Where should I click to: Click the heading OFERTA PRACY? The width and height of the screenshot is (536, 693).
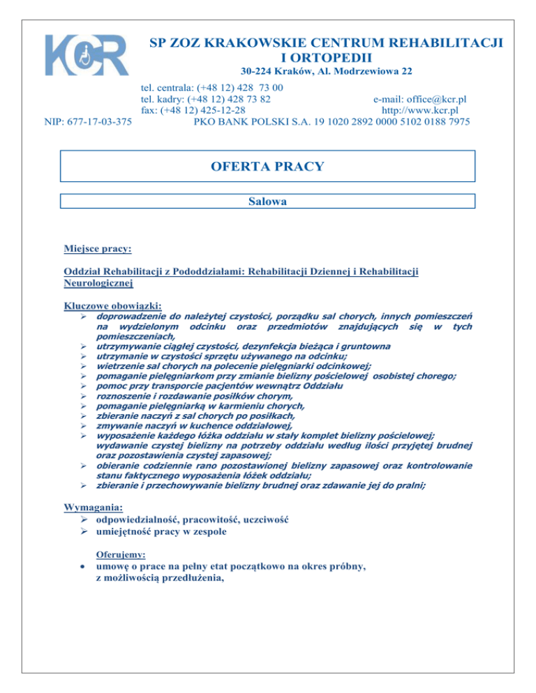click(x=268, y=167)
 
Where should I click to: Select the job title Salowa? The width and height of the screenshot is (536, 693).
click(x=268, y=201)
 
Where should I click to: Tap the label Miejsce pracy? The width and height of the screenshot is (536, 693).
click(x=98, y=248)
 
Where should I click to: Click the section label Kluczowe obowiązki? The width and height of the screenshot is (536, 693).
click(x=112, y=305)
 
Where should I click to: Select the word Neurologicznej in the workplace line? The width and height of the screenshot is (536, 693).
click(x=98, y=283)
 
